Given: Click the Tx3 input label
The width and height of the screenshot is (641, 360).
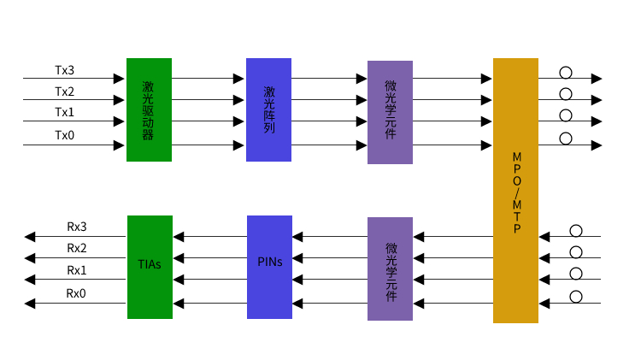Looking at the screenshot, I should pyautogui.click(x=64, y=69).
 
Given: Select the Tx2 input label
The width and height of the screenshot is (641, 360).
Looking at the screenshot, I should pyautogui.click(x=64, y=91).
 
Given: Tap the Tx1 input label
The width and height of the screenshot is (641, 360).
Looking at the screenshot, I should pyautogui.click(x=64, y=112).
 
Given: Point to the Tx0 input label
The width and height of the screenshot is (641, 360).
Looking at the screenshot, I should pyautogui.click(x=64, y=135).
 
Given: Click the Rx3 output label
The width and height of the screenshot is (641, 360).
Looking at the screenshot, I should pyautogui.click(x=77, y=227).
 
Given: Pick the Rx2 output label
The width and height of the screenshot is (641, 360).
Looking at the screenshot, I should pyautogui.click(x=77, y=248).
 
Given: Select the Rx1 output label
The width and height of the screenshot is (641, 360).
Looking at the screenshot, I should pyautogui.click(x=77, y=270).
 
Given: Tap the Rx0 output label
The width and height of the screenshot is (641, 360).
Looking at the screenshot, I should pyautogui.click(x=77, y=293).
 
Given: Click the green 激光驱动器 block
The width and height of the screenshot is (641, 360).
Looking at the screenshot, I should pyautogui.click(x=149, y=109).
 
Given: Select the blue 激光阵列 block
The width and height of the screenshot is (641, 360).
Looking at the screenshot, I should pyautogui.click(x=268, y=109).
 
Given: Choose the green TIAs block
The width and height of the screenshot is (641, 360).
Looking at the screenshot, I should pyautogui.click(x=150, y=266).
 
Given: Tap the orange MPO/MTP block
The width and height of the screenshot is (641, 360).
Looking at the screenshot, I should pyautogui.click(x=515, y=190).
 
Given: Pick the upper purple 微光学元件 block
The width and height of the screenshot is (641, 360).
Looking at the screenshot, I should pyautogui.click(x=390, y=112).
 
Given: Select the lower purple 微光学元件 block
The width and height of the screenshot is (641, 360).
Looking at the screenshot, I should pyautogui.click(x=390, y=269).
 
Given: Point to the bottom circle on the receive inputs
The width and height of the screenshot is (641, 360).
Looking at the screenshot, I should pyautogui.click(x=576, y=297).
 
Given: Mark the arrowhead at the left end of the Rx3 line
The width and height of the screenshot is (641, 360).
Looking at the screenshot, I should pyautogui.click(x=30, y=236).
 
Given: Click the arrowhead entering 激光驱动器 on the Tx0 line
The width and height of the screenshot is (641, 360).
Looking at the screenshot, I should pyautogui.click(x=120, y=145).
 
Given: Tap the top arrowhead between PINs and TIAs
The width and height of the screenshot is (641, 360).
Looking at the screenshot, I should pyautogui.click(x=179, y=236).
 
